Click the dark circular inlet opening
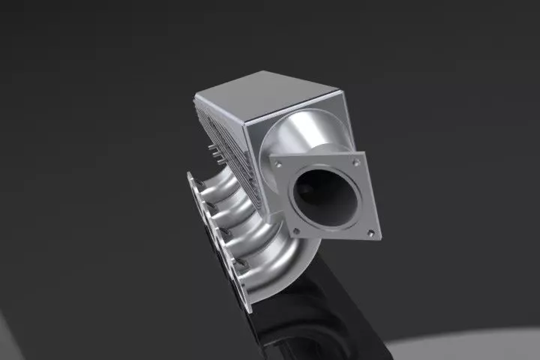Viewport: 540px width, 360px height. click(324, 196)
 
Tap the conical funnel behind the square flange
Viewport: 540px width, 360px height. click(296, 135)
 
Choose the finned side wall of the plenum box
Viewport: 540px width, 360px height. click(225, 142)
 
